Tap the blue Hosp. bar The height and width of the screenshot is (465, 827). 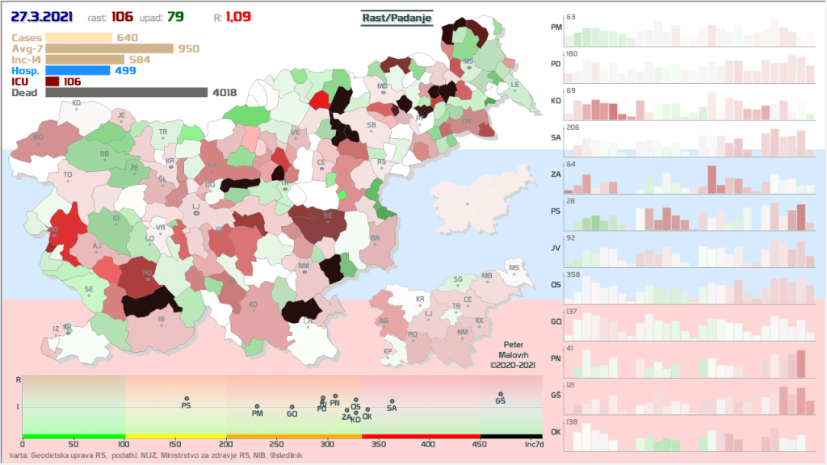[x=78, y=70]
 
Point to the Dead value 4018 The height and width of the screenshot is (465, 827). [x=224, y=93]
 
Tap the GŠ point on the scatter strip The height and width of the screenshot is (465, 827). [x=501, y=395]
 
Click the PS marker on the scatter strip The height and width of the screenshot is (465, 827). [x=186, y=399]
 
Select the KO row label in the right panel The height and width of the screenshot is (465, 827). [x=556, y=101]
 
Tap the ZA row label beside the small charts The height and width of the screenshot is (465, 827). [x=556, y=174]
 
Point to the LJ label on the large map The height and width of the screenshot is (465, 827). [x=195, y=207]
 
